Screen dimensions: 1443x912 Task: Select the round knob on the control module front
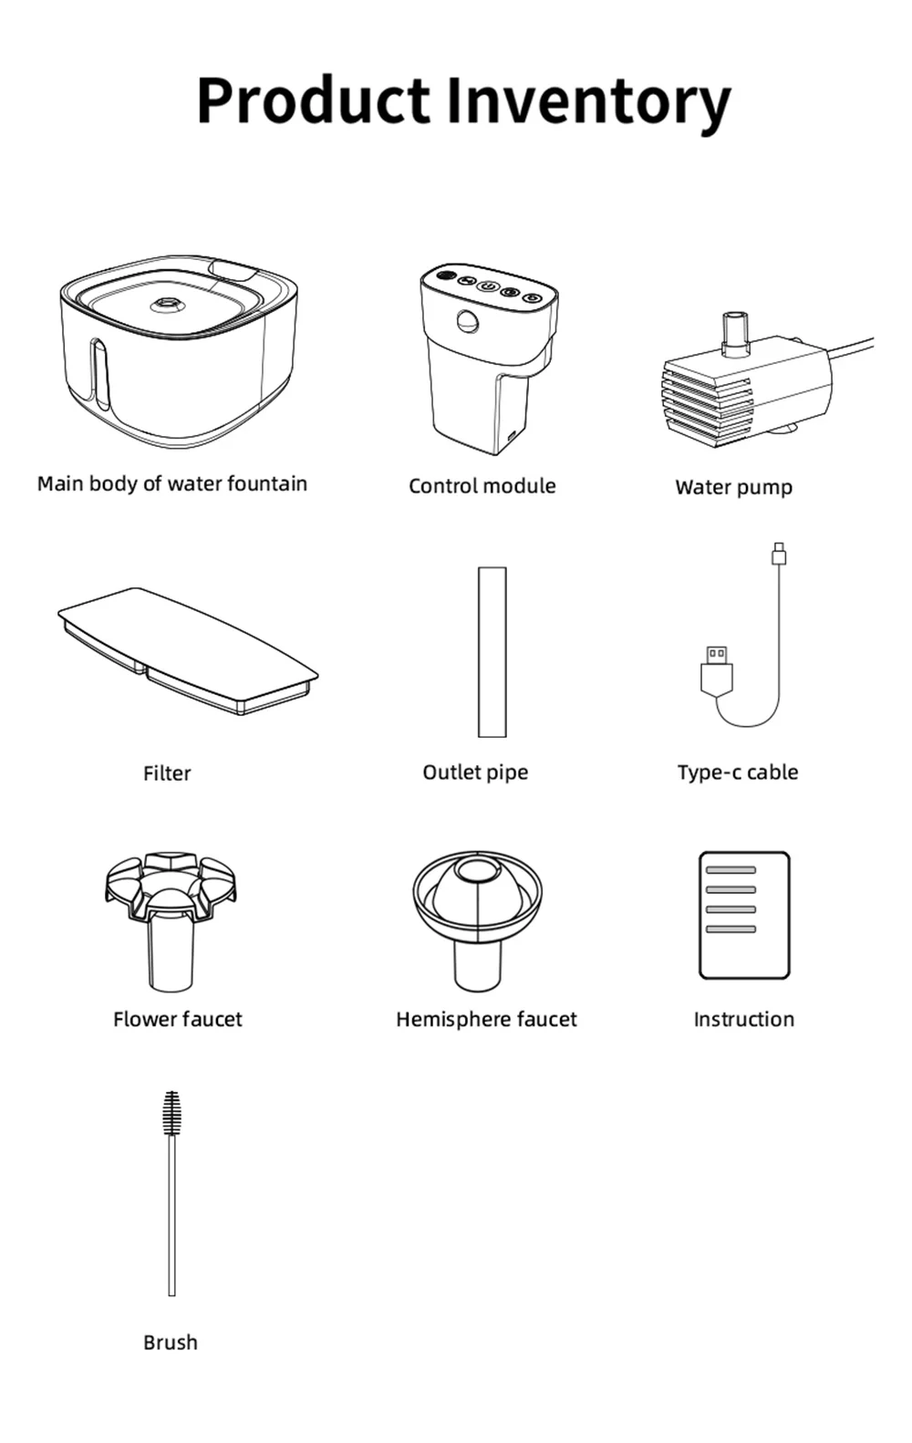click(x=468, y=321)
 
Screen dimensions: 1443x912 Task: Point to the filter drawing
click(x=187, y=649)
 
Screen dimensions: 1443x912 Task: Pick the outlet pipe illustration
click(x=492, y=651)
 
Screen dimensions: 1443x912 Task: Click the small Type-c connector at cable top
click(x=779, y=553)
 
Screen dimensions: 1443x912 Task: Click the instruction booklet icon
click(x=743, y=915)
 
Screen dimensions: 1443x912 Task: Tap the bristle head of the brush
click(x=171, y=1114)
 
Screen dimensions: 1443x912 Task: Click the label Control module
click(x=482, y=486)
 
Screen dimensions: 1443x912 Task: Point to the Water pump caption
click(x=733, y=487)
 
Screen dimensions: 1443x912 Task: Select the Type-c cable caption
click(x=737, y=773)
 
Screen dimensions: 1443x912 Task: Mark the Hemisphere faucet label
click(x=486, y=1020)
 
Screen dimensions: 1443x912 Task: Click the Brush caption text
click(x=171, y=1343)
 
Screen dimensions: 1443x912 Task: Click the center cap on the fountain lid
click(x=167, y=305)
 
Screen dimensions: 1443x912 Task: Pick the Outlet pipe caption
click(x=475, y=773)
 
